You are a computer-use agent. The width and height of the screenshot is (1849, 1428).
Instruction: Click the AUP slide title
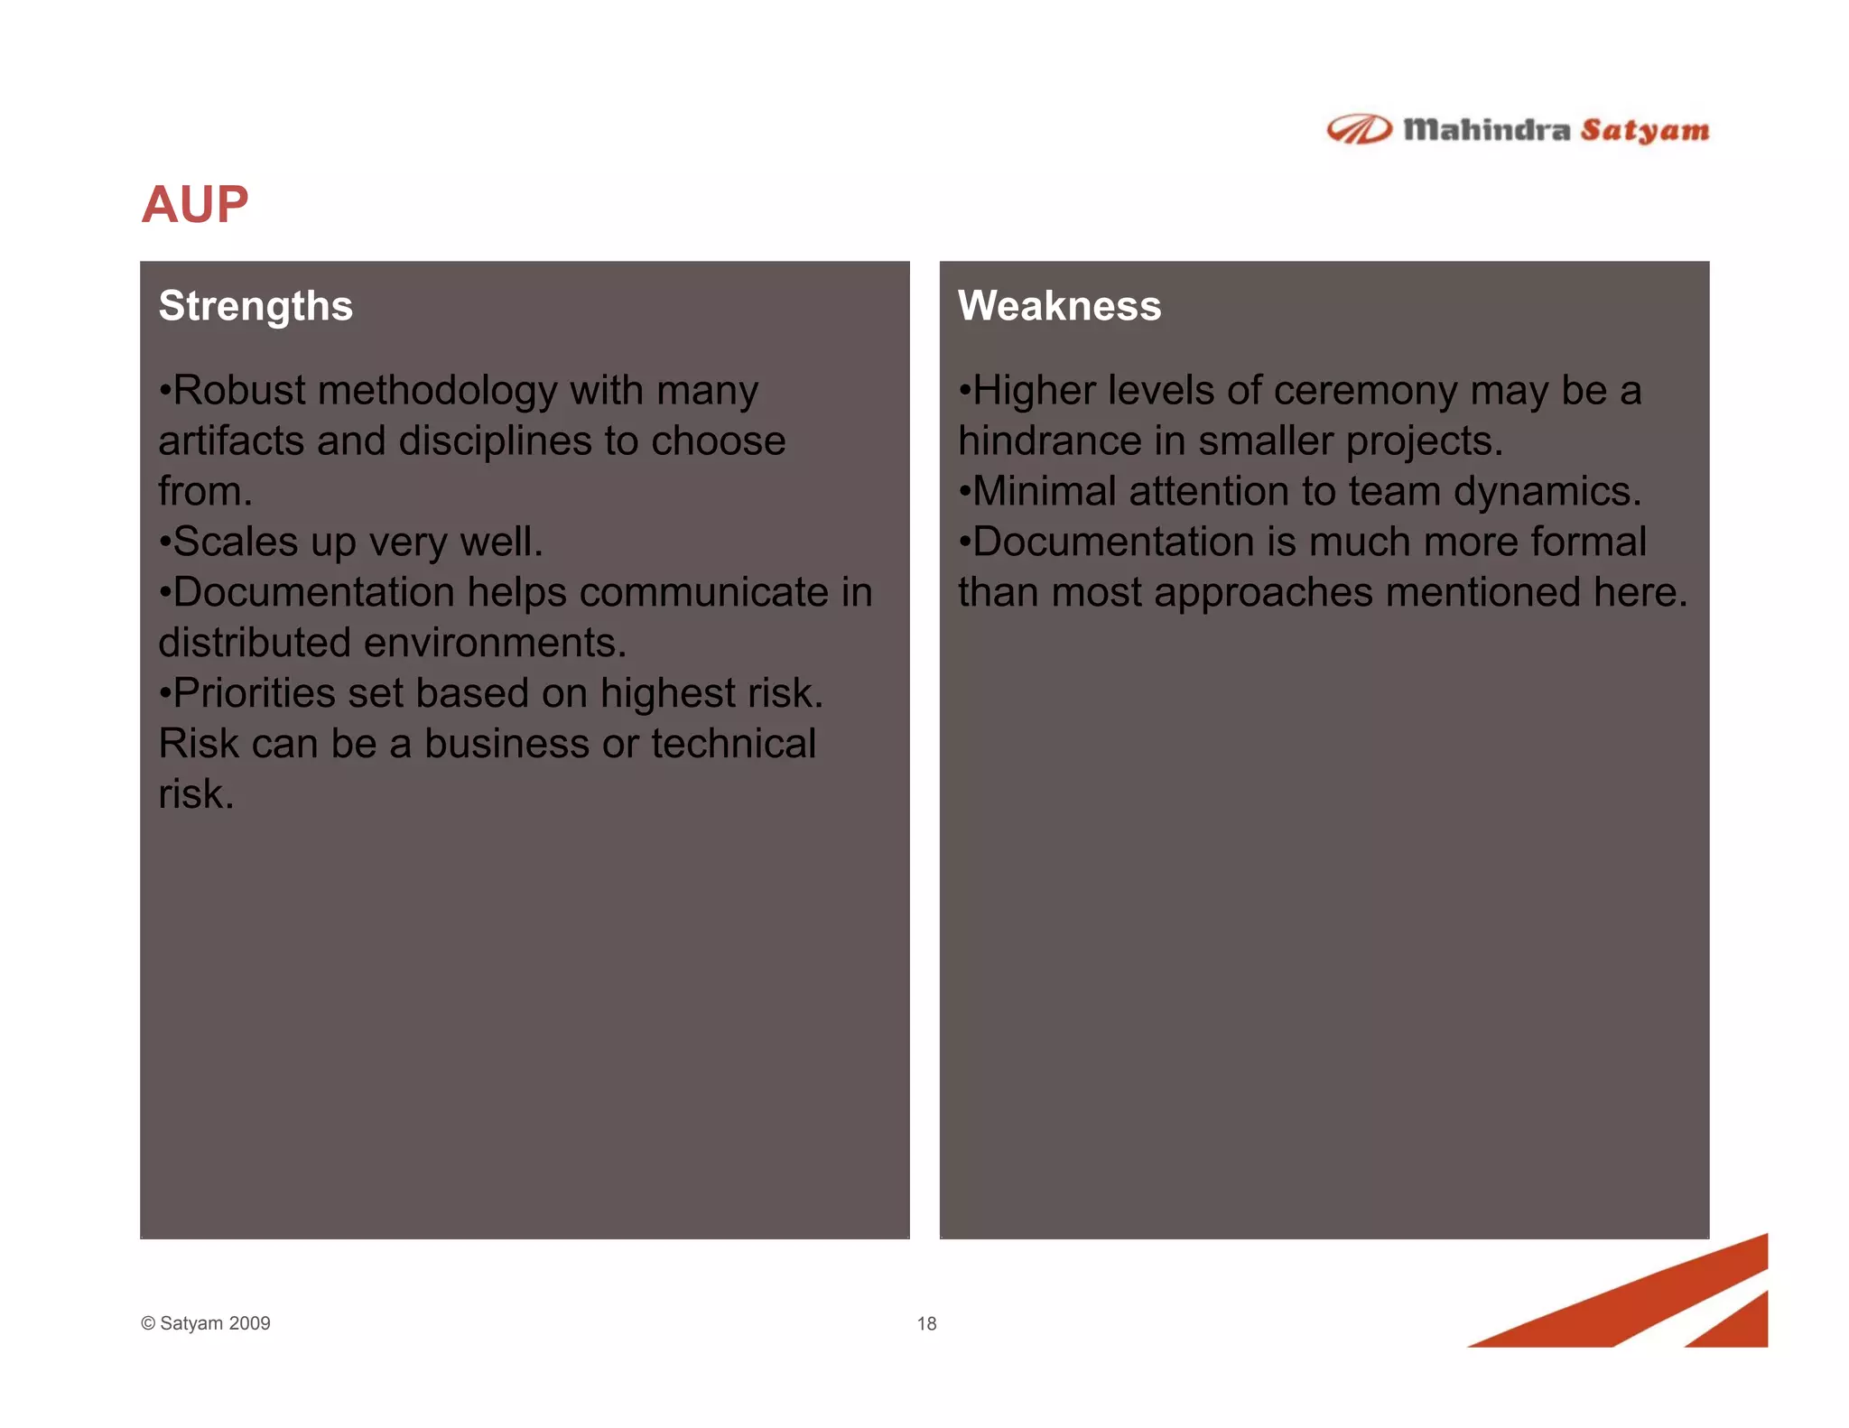pos(194,205)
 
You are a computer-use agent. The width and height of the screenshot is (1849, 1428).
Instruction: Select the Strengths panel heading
pos(256,306)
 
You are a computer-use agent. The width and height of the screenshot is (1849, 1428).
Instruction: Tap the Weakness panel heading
pos(1059,306)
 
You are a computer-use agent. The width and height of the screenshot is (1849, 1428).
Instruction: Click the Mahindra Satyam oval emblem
pos(1359,130)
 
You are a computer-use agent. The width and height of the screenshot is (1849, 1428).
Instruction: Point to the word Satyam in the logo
pos(1644,131)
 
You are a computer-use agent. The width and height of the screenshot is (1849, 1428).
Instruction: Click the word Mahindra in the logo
pos(1486,131)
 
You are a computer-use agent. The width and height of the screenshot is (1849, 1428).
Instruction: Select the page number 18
pos(926,1323)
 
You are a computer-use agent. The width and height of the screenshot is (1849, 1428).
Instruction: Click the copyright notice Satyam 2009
pos(206,1323)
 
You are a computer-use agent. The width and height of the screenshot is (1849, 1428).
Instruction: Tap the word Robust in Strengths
pos(239,391)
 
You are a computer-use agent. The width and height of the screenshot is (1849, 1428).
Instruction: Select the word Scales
pos(235,542)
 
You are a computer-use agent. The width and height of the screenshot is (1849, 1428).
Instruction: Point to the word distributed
pos(254,644)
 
